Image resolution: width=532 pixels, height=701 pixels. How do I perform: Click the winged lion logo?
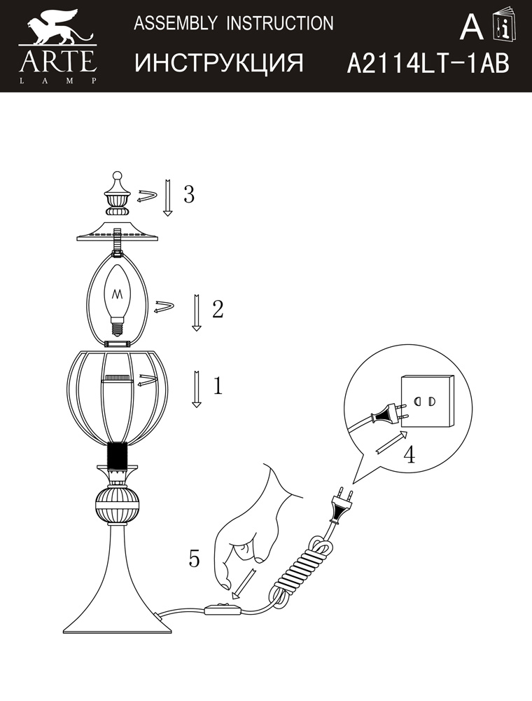pos(59,29)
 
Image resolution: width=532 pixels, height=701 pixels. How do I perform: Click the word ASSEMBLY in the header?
pos(176,23)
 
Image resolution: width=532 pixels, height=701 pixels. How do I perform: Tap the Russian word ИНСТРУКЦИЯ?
pos(219,62)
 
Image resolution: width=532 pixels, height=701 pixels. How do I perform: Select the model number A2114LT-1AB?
pos(428,63)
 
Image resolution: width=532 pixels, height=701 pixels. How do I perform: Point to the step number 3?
pos(189,194)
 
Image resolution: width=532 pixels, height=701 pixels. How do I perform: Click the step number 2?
pos(218,309)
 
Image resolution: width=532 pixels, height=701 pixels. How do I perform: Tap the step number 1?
pos(218,386)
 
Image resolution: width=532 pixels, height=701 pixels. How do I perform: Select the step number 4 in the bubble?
pos(409,454)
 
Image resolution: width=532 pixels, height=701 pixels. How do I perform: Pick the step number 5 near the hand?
pos(194,558)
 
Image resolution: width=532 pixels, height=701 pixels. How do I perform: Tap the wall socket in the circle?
pos(427,400)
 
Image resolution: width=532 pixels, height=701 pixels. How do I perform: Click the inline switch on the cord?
pos(222,609)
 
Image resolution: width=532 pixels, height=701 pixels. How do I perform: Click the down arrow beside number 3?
pos(167,198)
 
